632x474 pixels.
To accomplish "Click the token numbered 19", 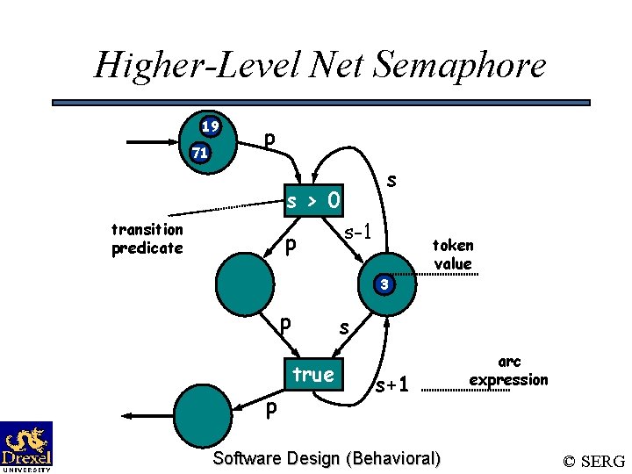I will point(209,127).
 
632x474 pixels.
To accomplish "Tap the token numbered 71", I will point(200,153).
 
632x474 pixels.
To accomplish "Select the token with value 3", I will point(384,284).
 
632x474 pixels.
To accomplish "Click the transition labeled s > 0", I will point(314,202).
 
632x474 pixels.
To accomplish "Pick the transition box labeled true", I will point(313,375).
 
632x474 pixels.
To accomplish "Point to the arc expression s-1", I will point(360,233).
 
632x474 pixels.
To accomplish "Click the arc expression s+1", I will point(392,385).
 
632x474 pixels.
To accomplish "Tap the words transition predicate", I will point(147,239).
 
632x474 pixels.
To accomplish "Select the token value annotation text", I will point(452,255).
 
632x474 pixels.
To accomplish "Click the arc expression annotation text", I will point(509,371).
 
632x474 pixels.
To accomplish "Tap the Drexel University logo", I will point(26,446).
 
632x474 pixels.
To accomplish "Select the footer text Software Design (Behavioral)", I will point(327,458).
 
